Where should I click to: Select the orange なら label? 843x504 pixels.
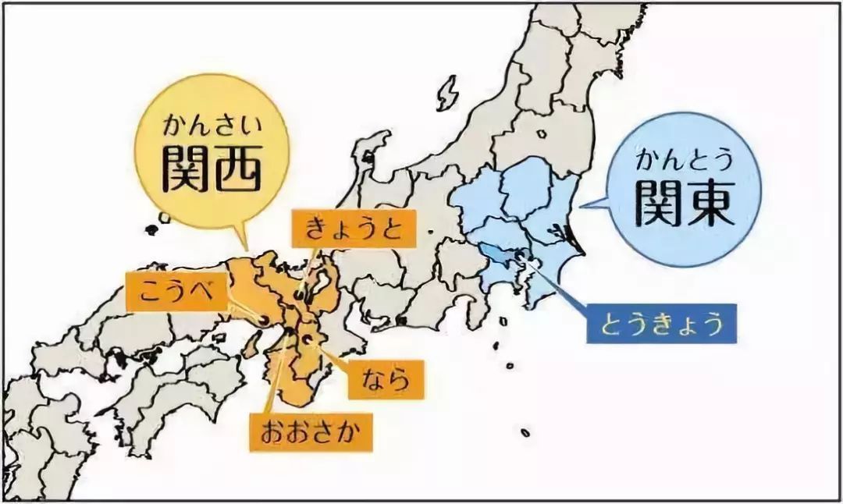pos(385,380)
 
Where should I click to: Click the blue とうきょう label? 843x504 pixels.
pos(661,324)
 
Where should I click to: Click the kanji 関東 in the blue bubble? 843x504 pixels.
pos(684,204)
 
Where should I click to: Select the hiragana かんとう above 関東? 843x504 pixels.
pos(684,161)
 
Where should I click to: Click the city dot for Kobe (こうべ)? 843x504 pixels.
pos(264,319)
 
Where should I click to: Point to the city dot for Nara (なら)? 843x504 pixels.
pos(310,339)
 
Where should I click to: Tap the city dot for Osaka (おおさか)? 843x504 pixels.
pos(290,333)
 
